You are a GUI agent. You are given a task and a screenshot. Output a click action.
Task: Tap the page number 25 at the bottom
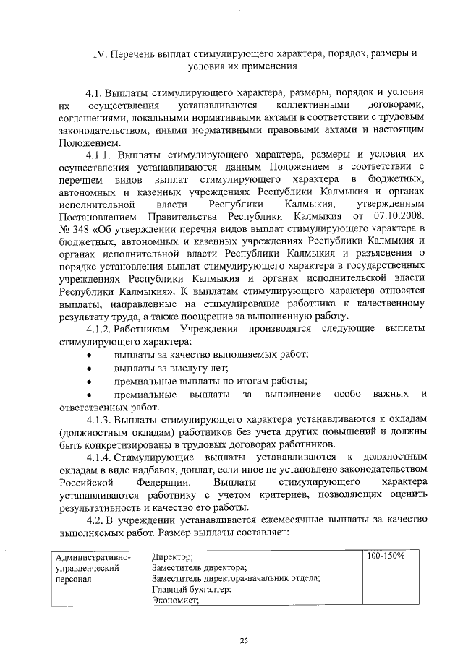coord(244,640)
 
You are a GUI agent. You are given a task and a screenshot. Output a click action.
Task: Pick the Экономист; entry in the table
coord(175,599)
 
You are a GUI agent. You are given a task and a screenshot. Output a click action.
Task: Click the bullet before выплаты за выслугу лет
coord(88,369)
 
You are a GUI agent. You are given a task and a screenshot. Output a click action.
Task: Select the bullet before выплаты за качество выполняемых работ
coord(88,355)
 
